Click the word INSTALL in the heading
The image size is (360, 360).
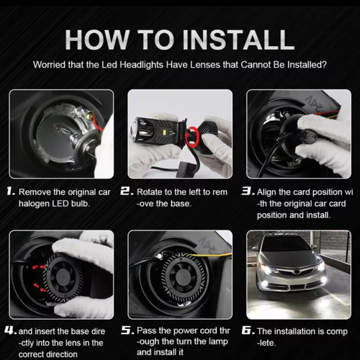238,40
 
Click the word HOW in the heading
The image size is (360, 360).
96,40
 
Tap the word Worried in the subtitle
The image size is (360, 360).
49,65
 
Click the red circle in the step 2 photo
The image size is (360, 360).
192,136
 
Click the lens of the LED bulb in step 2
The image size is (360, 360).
136,130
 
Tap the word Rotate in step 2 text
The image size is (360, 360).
149,192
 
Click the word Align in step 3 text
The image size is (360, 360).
267,192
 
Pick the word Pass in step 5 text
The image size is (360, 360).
146,330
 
